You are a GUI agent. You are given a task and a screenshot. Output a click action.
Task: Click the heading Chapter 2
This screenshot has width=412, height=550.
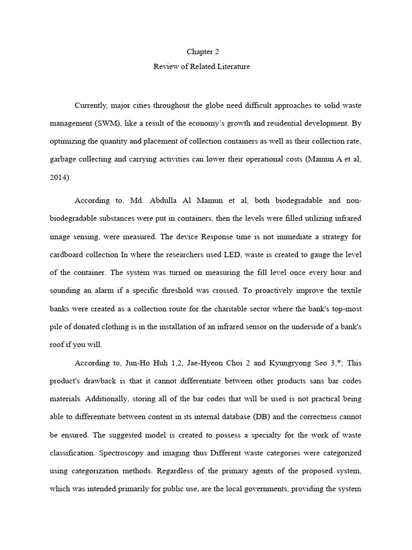[x=203, y=52]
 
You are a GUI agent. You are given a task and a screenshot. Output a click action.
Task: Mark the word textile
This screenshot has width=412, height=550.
[x=348, y=290]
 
